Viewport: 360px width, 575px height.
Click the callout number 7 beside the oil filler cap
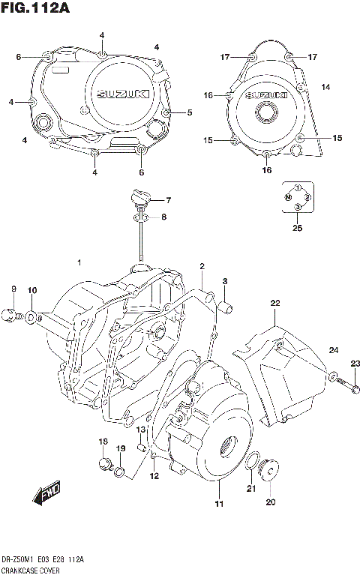point(169,200)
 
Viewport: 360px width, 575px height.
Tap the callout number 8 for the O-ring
point(165,217)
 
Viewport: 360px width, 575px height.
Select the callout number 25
point(298,229)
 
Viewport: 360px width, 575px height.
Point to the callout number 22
point(275,303)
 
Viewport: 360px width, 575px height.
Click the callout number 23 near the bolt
point(355,364)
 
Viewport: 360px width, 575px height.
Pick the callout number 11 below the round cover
point(218,503)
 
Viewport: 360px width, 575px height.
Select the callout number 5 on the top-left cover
point(190,112)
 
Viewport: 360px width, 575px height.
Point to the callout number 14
point(325,88)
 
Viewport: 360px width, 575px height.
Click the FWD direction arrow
point(46,495)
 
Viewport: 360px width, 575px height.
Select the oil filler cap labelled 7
point(139,197)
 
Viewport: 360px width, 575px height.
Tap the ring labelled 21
point(253,463)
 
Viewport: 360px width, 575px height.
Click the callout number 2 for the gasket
point(202,266)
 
